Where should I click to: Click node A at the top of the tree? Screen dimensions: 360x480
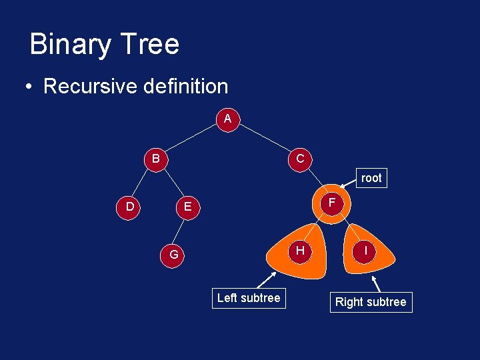228,119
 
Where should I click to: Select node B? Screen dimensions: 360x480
155,159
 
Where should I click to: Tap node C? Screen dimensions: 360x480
300,159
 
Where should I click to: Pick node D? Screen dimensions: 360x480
129,207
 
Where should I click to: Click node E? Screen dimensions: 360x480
187,207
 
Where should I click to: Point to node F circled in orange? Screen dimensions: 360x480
331,202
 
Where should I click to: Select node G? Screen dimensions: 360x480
173,255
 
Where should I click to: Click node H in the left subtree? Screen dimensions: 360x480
301,251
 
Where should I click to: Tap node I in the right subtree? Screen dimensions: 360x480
365,251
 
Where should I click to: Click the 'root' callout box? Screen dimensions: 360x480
371,178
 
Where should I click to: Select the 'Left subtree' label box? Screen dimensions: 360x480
249,298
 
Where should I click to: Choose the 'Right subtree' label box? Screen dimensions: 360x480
371,302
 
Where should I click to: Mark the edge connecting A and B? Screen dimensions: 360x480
193,138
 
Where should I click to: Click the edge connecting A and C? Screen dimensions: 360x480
264,139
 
